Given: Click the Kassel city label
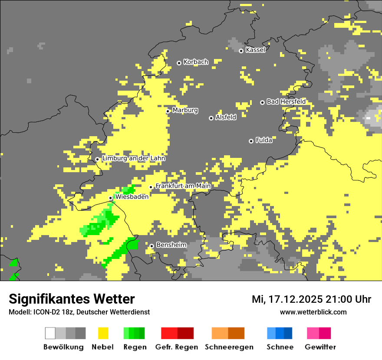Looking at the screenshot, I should pyautogui.click(x=255, y=50).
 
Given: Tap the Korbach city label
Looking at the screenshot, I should pyautogui.click(x=196, y=62).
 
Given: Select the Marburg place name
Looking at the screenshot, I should pyautogui.click(x=185, y=110).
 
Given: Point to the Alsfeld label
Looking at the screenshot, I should pyautogui.click(x=226, y=117).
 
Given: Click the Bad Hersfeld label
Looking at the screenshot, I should pyautogui.click(x=286, y=101).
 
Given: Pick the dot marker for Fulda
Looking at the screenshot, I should pyautogui.click(x=251, y=141).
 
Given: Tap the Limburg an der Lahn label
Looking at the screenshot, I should pyautogui.click(x=134, y=158).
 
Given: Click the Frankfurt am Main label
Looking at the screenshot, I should pyautogui.click(x=183, y=186).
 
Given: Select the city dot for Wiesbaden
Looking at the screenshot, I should pyautogui.click(x=111, y=198).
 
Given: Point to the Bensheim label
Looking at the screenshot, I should pyautogui.click(x=171, y=245).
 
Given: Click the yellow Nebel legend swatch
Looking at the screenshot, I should pyautogui.click(x=103, y=333).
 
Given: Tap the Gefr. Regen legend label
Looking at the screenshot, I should pyautogui.click(x=177, y=347).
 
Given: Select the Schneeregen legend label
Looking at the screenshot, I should pyautogui.click(x=229, y=347).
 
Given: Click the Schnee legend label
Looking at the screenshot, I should pyautogui.click(x=280, y=347).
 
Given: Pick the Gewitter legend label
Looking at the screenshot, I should pyautogui.click(x=320, y=347).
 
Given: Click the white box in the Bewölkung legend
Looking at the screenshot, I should pyautogui.click(x=50, y=333).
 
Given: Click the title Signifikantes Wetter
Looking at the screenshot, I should pyautogui.click(x=72, y=299).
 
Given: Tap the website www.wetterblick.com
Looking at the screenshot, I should pyautogui.click(x=313, y=312).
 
